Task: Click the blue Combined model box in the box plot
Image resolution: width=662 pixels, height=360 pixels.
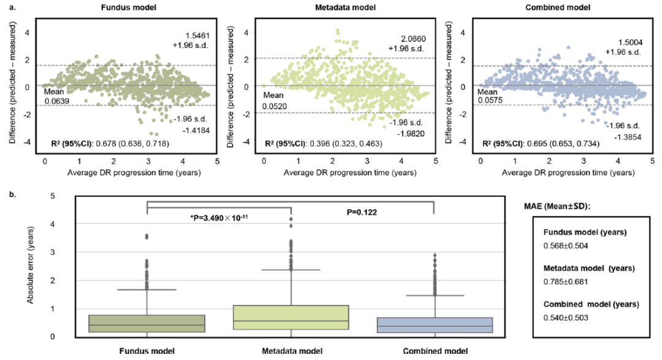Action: pyautogui.click(x=433, y=325)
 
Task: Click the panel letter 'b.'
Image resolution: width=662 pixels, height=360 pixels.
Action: pyautogui.click(x=12, y=193)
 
